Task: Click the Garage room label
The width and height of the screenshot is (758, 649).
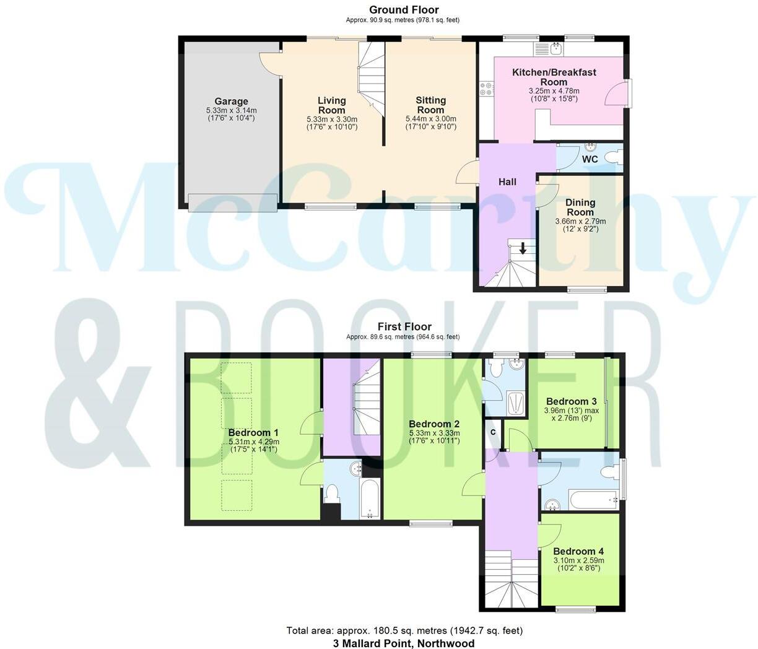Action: pyautogui.click(x=231, y=102)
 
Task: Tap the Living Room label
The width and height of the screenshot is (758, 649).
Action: pyautogui.click(x=331, y=105)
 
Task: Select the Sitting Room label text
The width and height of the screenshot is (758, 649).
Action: pyautogui.click(x=430, y=105)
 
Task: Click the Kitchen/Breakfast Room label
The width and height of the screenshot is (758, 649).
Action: pyautogui.click(x=554, y=77)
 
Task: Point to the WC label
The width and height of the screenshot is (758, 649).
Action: pyautogui.click(x=590, y=159)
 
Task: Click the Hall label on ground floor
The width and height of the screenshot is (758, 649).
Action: pyautogui.click(x=507, y=181)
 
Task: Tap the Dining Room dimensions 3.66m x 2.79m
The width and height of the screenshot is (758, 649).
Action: pyautogui.click(x=580, y=221)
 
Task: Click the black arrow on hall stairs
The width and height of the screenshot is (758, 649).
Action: pyautogui.click(x=523, y=249)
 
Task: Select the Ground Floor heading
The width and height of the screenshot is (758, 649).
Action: pyautogui.click(x=404, y=10)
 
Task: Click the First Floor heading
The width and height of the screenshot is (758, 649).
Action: pyautogui.click(x=404, y=327)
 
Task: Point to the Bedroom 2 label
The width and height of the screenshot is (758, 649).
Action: pyautogui.click(x=433, y=424)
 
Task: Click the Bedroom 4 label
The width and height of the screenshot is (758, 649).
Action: pyautogui.click(x=578, y=551)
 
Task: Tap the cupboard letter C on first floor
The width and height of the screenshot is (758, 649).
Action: pyautogui.click(x=494, y=432)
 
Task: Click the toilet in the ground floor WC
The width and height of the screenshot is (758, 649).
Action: pyautogui.click(x=612, y=159)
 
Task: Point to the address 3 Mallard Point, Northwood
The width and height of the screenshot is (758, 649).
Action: pyautogui.click(x=404, y=643)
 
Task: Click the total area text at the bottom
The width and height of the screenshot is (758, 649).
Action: pyautogui.click(x=404, y=630)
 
